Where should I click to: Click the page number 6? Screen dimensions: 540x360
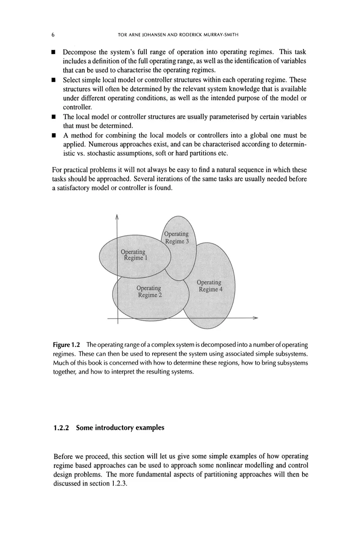pos(53,35)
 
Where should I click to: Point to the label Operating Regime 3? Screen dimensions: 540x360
pos(177,238)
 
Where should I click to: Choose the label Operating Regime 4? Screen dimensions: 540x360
pos(210,286)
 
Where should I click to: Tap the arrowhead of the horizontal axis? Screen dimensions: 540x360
pos(256,318)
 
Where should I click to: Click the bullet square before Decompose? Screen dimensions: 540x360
pos(53,53)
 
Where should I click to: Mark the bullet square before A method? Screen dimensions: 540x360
pos(53,135)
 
